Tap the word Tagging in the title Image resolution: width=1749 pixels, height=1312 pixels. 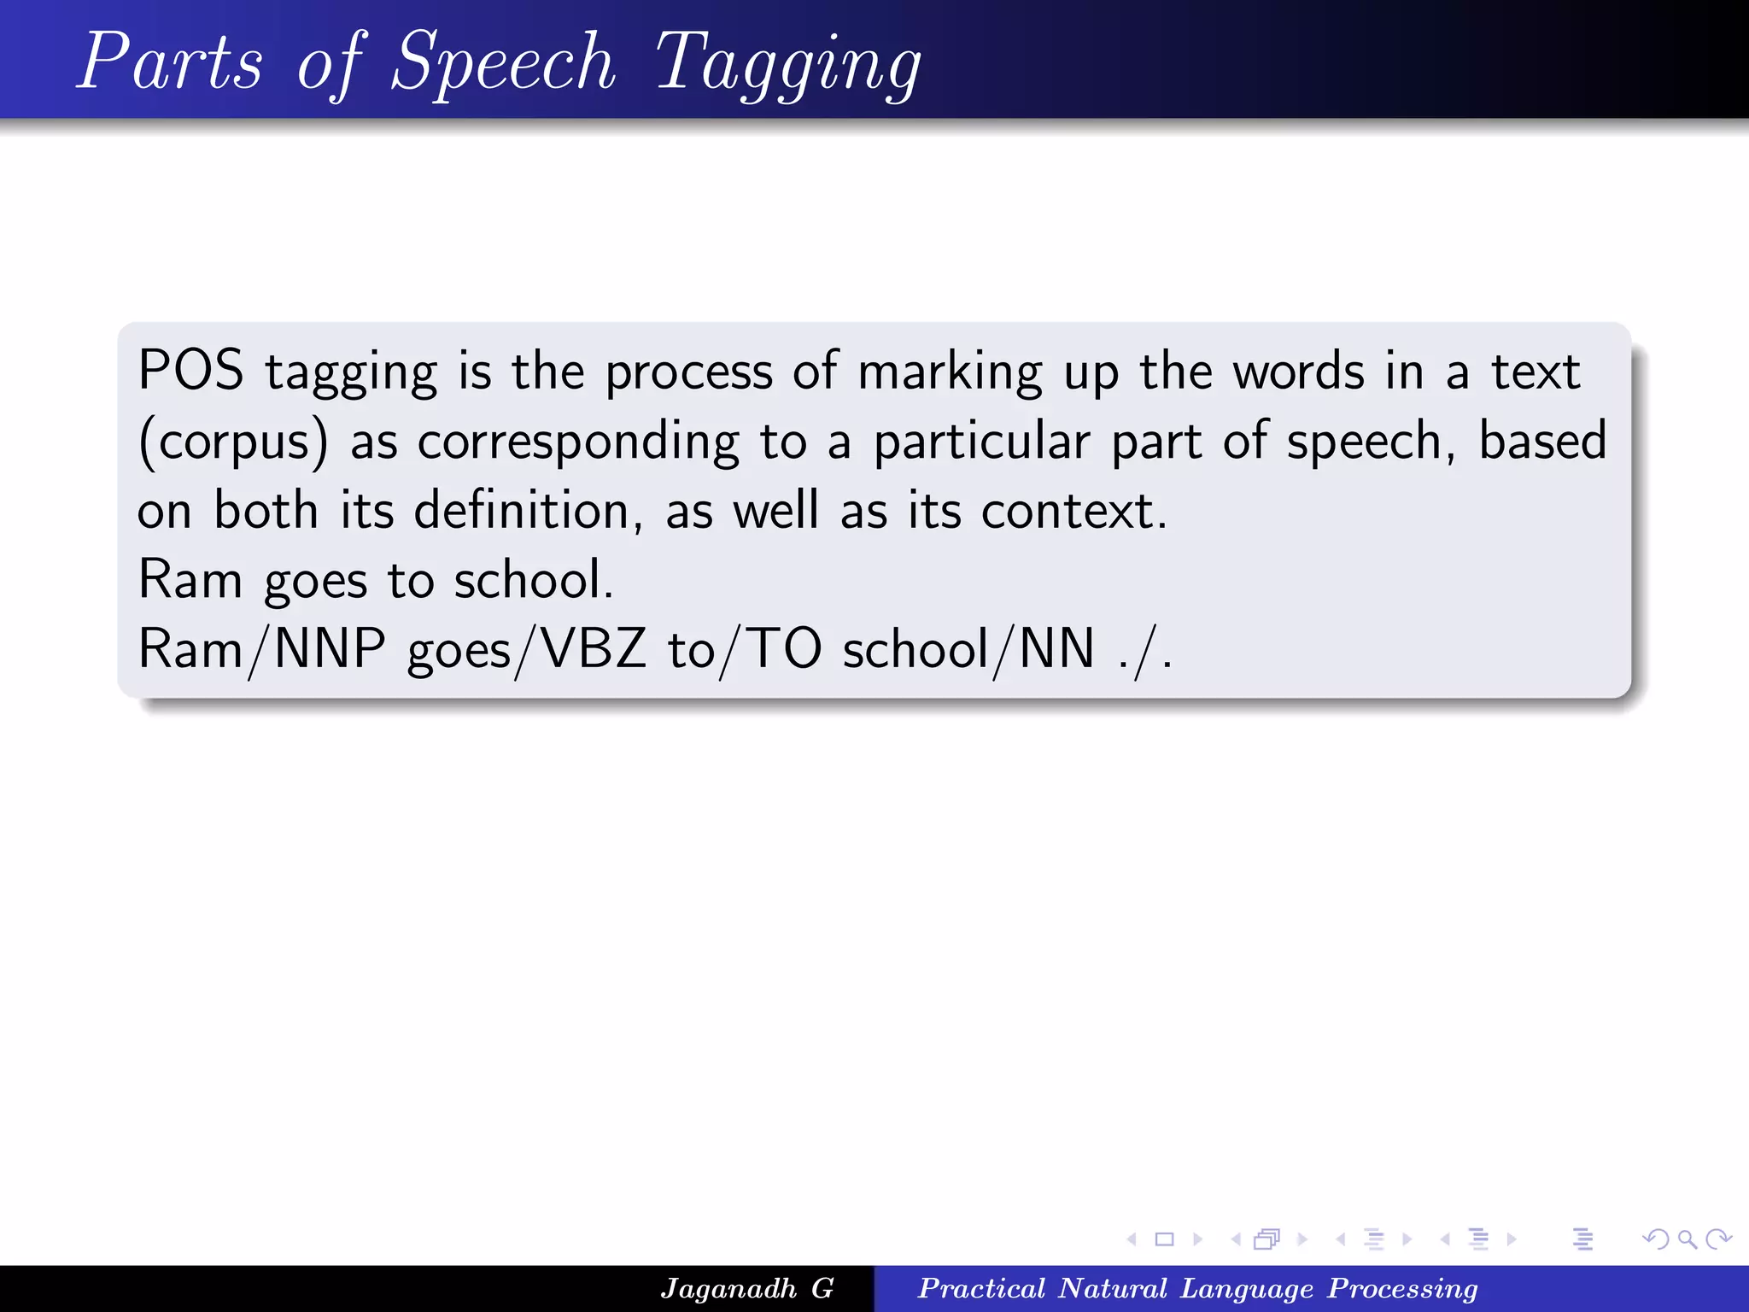tap(787, 64)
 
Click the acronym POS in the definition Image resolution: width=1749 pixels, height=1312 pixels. tap(190, 372)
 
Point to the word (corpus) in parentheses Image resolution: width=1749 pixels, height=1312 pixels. tap(233, 442)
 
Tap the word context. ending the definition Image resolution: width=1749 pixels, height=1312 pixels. tap(1073, 511)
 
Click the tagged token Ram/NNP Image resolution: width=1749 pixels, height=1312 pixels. tap(261, 649)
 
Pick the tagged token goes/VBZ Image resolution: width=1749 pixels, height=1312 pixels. tap(526, 649)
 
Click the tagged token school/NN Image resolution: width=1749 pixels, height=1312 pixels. tap(968, 649)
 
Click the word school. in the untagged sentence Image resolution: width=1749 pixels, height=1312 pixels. tap(533, 580)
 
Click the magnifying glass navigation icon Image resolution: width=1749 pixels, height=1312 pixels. tap(1687, 1239)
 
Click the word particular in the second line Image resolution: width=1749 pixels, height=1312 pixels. tap(981, 442)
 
